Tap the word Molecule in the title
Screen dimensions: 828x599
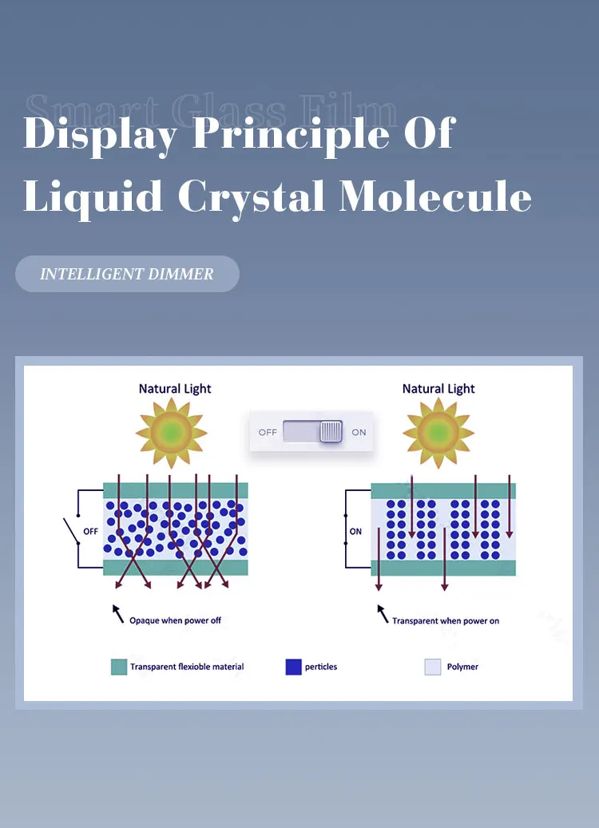coord(435,196)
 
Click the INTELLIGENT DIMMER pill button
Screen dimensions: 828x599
coord(127,274)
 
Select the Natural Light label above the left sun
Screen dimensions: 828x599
coord(175,389)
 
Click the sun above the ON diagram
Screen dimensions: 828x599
coord(438,433)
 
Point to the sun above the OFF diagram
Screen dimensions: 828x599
coord(171,433)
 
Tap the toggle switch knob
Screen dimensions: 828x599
coord(331,432)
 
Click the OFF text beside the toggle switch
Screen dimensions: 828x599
coord(268,432)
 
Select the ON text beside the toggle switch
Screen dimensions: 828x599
coord(359,432)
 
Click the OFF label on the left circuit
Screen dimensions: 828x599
coord(91,531)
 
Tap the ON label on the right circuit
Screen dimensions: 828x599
coord(355,531)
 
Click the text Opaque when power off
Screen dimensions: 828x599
coord(175,620)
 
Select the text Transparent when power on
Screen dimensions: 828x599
coord(446,620)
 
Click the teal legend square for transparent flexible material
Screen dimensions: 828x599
coord(119,667)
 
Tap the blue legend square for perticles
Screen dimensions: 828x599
coord(293,667)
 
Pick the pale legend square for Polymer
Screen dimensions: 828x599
coord(432,667)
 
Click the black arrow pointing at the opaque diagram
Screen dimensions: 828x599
coord(117,613)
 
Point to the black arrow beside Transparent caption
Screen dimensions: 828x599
coord(383,613)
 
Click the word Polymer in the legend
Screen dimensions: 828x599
coord(462,667)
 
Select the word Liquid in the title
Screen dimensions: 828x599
coord(92,196)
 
